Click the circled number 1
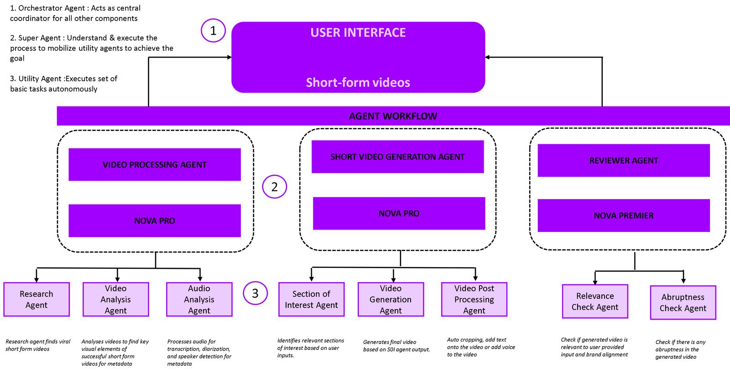213,31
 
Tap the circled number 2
274,187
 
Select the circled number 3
255,293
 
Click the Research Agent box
36,299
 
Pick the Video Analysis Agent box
116,299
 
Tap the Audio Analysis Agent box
199,299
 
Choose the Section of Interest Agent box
311,299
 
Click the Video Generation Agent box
391,299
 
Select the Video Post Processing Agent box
474,299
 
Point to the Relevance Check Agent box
595,301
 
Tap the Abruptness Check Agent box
683,303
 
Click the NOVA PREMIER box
624,215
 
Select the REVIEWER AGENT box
624,160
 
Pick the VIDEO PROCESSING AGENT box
155,165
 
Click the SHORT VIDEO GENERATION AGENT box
397,157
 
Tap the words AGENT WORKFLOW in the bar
393,116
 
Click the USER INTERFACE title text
358,32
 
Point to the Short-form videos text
358,83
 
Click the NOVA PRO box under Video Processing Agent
155,221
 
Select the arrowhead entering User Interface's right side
487,57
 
